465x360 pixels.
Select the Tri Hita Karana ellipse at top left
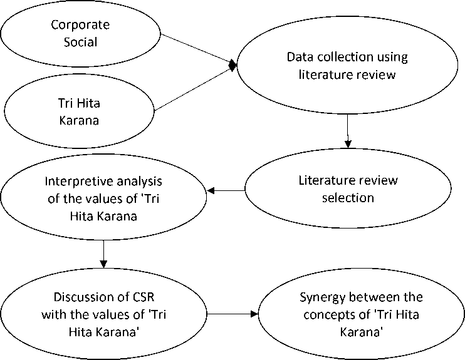point(81,111)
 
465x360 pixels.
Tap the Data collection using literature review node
point(347,66)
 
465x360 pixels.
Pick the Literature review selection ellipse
point(348,189)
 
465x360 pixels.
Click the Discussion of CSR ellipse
point(103,314)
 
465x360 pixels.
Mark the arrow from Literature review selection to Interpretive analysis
point(226,190)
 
